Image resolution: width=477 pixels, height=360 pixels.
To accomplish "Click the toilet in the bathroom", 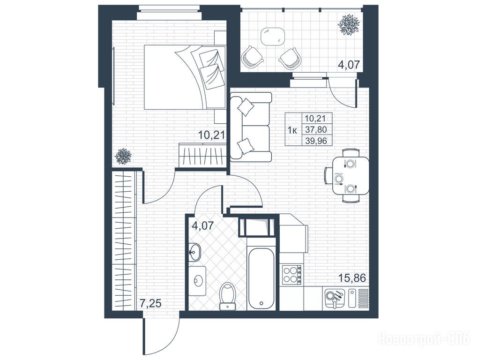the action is click(x=228, y=296).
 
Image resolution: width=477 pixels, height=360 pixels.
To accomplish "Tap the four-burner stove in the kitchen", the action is click(x=292, y=275).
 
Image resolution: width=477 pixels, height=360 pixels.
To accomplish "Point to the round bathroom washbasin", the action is click(x=194, y=252).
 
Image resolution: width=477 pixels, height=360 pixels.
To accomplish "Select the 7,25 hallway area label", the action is click(x=150, y=303).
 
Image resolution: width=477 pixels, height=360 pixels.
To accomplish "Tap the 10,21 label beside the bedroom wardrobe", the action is click(x=211, y=134).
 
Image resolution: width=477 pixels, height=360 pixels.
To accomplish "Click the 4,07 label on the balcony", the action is click(x=349, y=65).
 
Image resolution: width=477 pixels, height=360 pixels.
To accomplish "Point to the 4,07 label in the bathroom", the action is click(x=203, y=225).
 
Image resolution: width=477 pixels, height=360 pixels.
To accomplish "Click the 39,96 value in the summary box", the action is click(x=316, y=141).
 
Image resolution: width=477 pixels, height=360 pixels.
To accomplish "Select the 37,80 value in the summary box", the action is click(x=316, y=130).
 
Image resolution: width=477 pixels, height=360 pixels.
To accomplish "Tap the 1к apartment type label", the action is click(x=292, y=130).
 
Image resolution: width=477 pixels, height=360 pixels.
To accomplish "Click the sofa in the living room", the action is click(x=251, y=127).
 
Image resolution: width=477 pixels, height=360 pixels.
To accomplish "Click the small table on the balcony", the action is click(x=273, y=37).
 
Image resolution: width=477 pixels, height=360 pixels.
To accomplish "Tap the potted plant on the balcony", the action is click(x=349, y=24).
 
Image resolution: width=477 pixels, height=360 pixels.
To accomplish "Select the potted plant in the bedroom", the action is click(x=123, y=157).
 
